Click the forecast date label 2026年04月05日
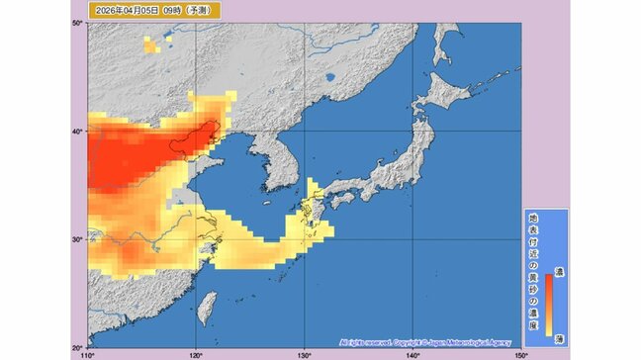click(117, 11)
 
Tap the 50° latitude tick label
click(78, 24)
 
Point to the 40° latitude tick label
click(78, 132)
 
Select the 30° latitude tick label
click(78, 239)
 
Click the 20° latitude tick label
click(78, 346)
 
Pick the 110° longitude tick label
click(88, 353)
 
